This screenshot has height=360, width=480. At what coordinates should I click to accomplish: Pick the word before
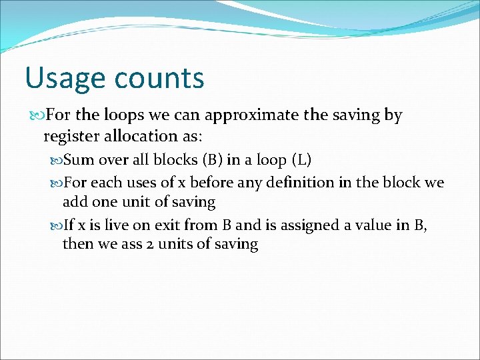(x=211, y=183)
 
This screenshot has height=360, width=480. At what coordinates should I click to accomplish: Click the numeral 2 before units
(x=151, y=244)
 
